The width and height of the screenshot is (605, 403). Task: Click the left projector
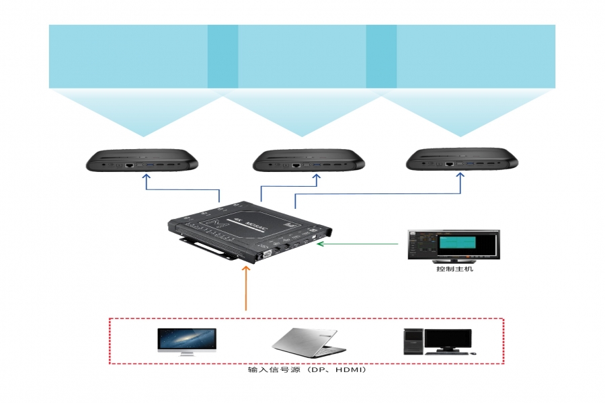143,161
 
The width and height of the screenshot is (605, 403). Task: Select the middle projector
309,161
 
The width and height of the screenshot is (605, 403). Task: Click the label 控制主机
453,269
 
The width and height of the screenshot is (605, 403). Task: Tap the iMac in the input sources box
187,341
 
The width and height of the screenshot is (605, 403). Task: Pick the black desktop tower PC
412,341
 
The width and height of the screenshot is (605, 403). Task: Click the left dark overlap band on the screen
223,56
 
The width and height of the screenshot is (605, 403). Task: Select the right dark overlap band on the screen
381,56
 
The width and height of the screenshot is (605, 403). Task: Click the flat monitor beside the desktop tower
448,340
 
